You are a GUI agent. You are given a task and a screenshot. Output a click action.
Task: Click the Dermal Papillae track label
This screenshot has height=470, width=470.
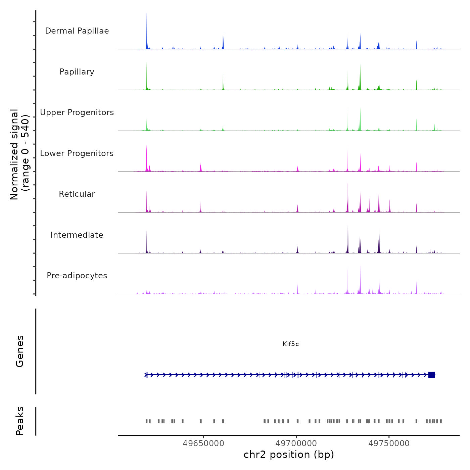[x=77, y=31]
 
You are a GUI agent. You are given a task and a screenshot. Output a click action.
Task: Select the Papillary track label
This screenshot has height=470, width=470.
[x=77, y=72]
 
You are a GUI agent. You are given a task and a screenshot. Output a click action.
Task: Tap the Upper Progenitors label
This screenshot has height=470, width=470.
[x=77, y=112]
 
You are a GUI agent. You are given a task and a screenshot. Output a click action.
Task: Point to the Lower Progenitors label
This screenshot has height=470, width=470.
[x=77, y=153]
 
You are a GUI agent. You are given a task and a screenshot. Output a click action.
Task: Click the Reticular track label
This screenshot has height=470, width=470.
[x=77, y=194]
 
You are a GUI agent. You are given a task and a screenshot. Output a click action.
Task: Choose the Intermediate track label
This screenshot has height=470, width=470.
[x=77, y=235]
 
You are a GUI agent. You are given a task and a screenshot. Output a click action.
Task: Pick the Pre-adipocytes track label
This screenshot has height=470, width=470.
[x=77, y=276]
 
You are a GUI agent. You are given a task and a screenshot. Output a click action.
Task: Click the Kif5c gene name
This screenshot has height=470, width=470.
[x=291, y=344]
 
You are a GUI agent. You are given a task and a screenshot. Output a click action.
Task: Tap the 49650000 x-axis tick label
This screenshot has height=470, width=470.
[x=203, y=443]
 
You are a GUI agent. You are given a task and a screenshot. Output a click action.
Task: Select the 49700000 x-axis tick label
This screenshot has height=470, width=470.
[x=296, y=443]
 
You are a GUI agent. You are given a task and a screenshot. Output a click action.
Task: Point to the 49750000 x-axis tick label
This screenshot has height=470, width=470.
[x=389, y=443]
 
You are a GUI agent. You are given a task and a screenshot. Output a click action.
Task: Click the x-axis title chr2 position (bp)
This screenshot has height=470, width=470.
[x=289, y=455]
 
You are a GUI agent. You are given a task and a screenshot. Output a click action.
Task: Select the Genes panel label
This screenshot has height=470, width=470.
[x=20, y=351]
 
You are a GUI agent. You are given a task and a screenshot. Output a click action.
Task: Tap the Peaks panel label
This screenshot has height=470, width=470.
[x=20, y=421]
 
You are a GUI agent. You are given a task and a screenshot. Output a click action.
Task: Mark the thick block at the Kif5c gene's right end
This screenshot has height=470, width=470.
[x=432, y=375]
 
